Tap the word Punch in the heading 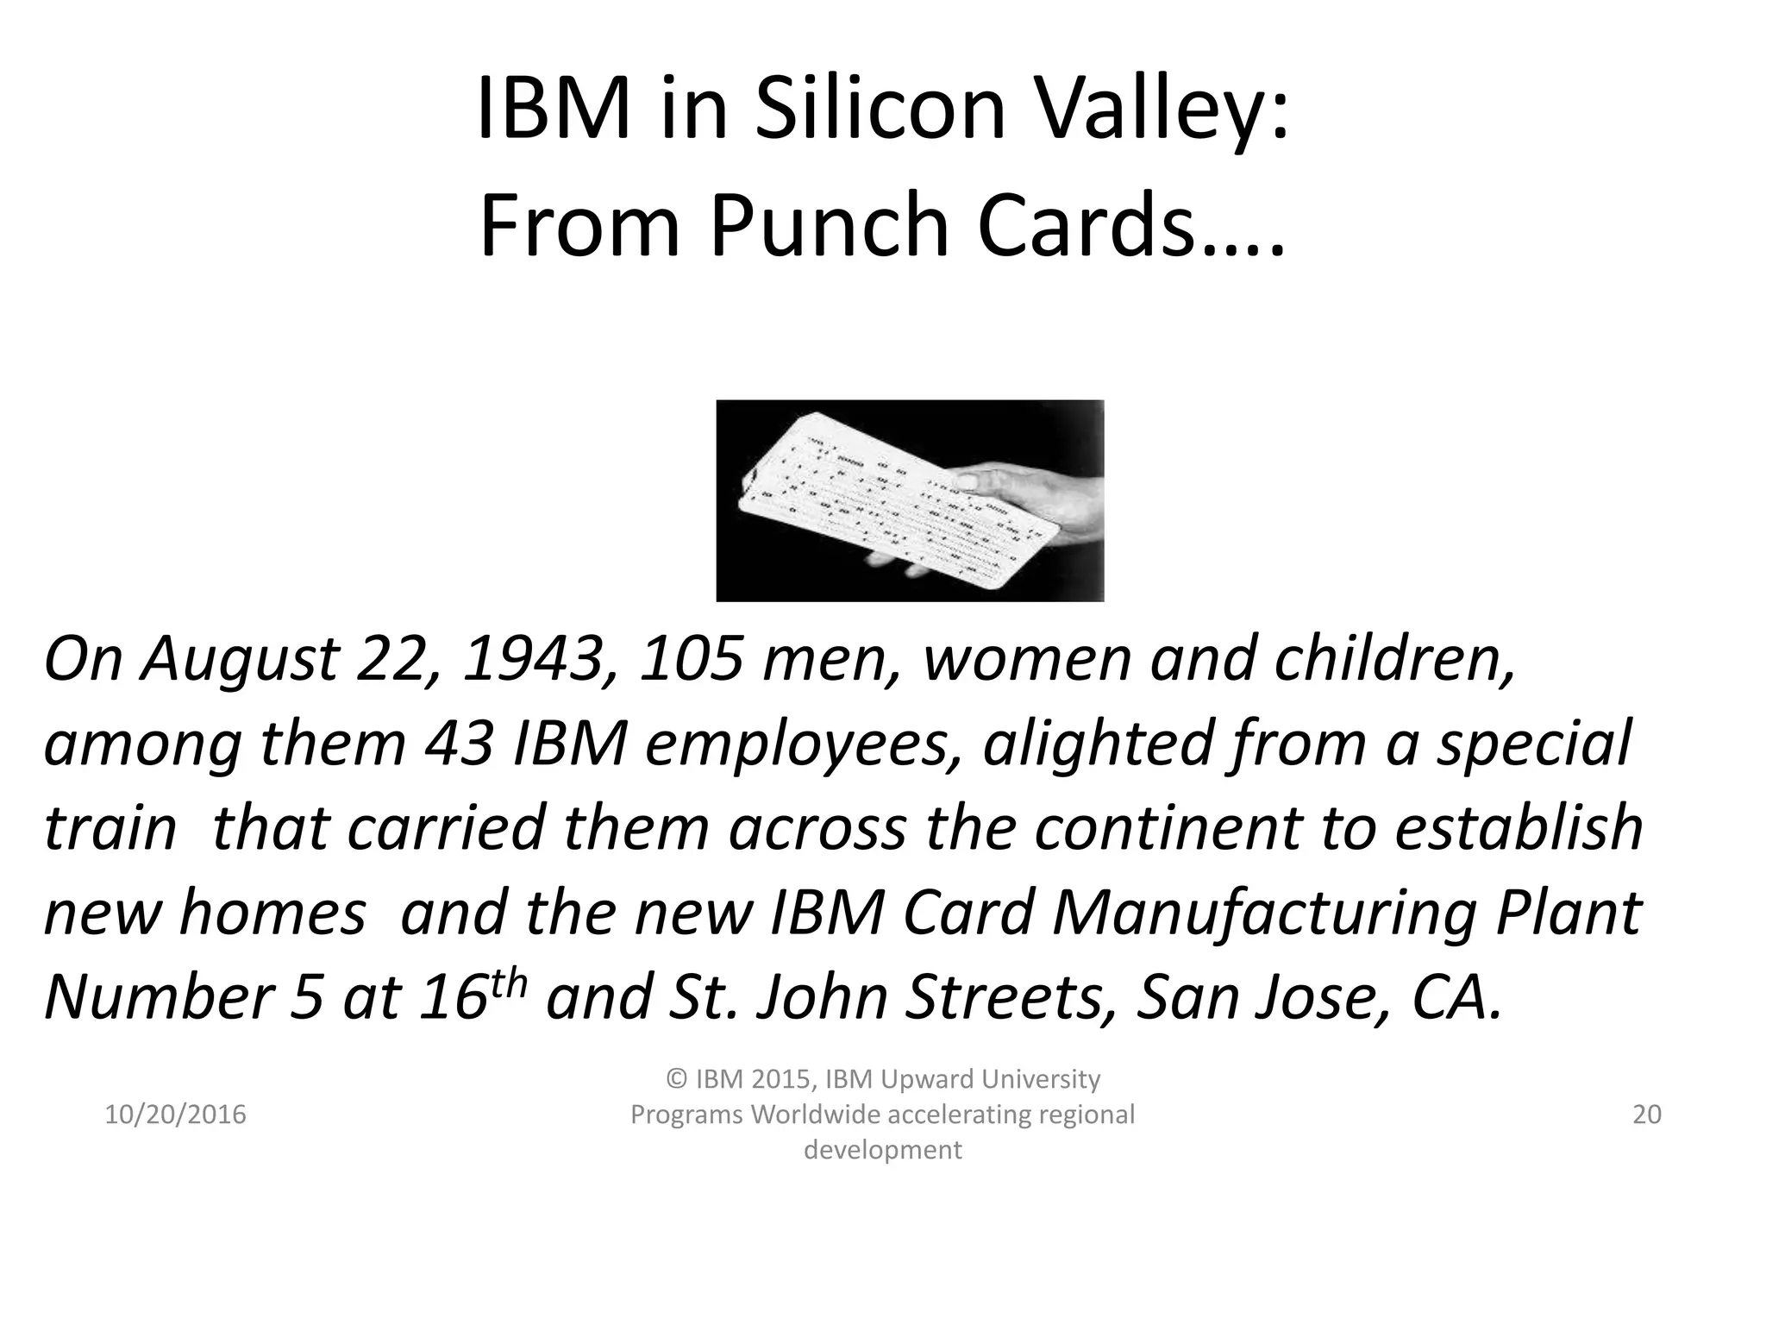click(830, 226)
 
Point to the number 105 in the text click(691, 659)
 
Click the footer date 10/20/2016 click(175, 1115)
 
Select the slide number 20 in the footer click(1647, 1115)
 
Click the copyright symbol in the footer click(677, 1079)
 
